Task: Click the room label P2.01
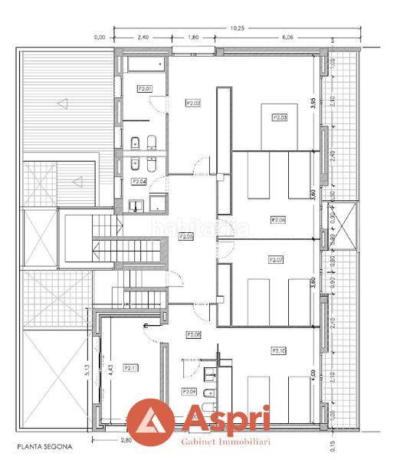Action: click(145, 89)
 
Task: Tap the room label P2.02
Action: click(193, 102)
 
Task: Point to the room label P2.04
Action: click(139, 182)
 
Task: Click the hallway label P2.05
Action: click(186, 237)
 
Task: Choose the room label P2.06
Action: click(277, 220)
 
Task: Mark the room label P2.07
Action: click(276, 260)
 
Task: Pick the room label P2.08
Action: click(194, 334)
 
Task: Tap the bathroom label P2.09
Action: click(190, 391)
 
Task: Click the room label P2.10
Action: click(279, 350)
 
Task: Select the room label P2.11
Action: click(130, 368)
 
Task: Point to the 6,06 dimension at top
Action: click(287, 37)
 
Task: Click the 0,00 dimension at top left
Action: click(99, 37)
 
